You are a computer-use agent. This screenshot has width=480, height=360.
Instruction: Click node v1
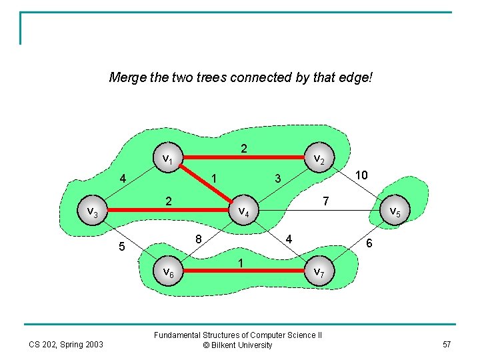168,159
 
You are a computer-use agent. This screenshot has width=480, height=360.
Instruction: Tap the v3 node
93,212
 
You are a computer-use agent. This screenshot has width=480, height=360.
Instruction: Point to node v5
393,212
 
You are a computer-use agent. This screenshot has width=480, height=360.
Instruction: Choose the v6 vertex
168,272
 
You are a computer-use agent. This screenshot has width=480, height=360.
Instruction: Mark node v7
319,272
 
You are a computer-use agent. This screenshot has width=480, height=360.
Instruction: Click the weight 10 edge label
362,175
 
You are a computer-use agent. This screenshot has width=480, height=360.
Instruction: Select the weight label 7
325,201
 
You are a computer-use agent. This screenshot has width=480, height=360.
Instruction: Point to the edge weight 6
369,245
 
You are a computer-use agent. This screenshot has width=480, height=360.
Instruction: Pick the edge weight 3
279,178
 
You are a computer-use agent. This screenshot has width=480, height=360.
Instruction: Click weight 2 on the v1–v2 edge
244,149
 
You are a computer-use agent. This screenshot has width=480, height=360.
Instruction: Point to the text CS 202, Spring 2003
66,345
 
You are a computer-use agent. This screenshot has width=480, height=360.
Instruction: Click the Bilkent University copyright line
238,345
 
